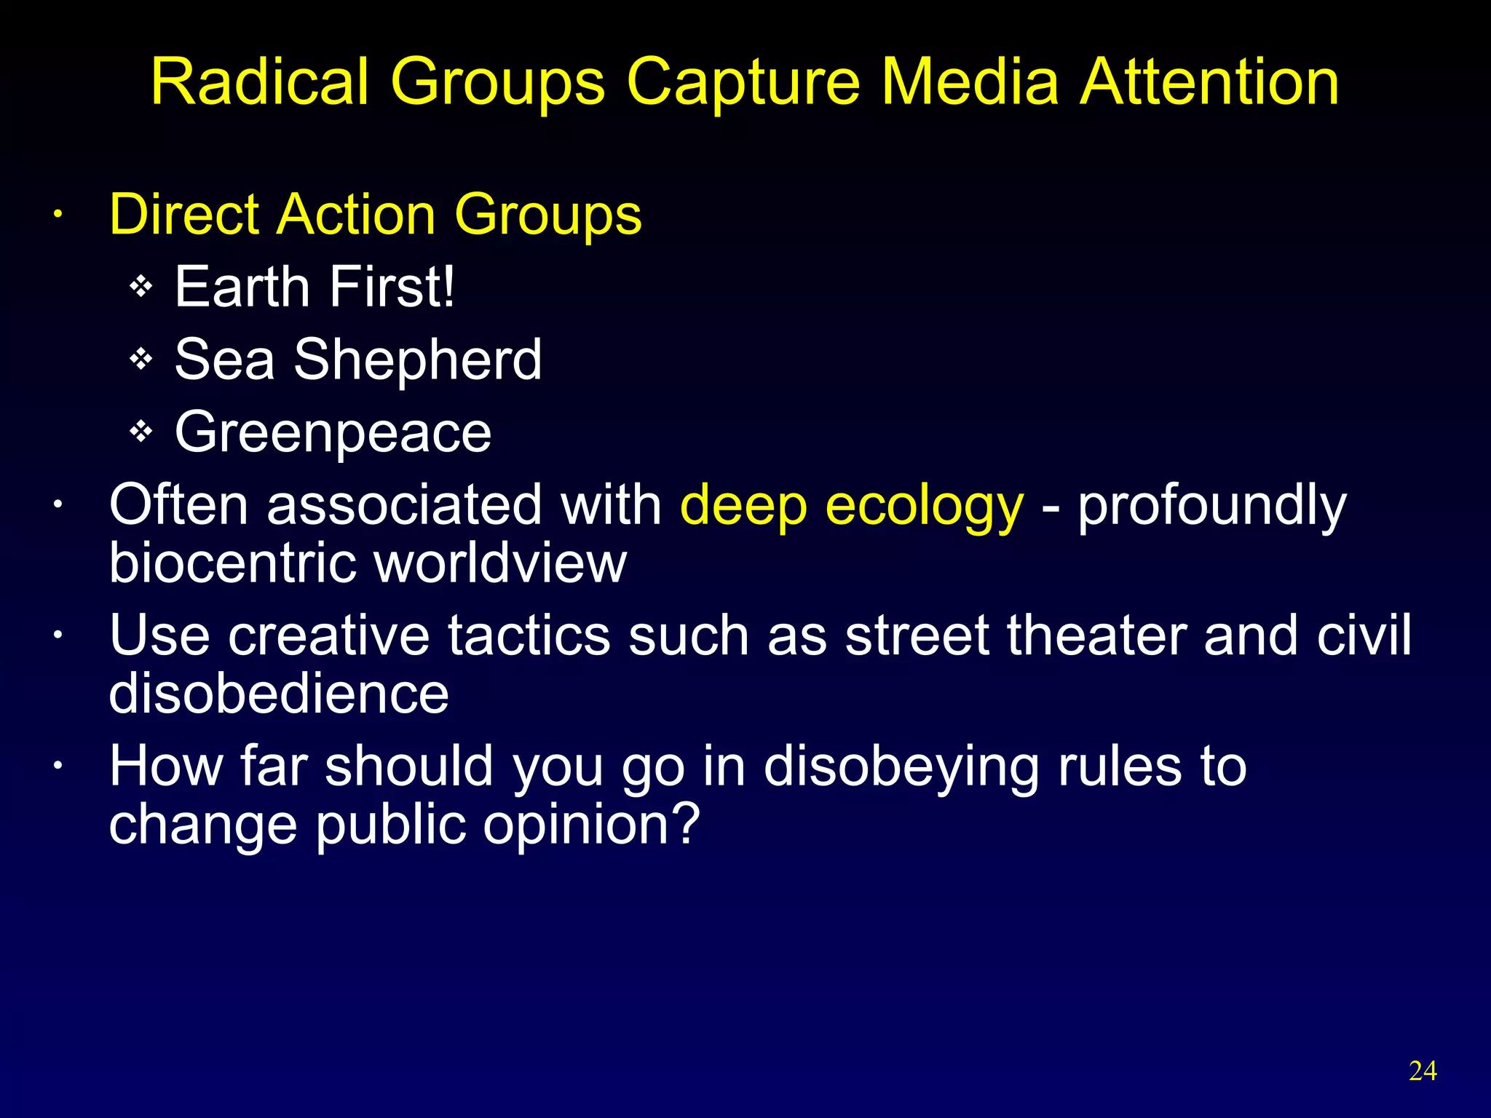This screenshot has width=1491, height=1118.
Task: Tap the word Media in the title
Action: (969, 82)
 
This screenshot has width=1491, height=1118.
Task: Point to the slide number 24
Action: (1423, 1071)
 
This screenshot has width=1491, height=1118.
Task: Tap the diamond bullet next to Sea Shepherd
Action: (141, 359)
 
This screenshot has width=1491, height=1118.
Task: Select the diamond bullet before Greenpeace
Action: (141, 432)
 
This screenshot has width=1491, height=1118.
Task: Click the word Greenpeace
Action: (333, 433)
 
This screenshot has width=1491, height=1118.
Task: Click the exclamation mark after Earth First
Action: (448, 287)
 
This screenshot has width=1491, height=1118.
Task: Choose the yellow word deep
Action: (743, 506)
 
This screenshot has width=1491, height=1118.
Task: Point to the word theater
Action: (1096, 635)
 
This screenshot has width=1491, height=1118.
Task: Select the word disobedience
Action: (279, 693)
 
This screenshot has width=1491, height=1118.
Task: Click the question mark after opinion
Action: (685, 824)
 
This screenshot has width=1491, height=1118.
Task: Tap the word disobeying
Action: (901, 767)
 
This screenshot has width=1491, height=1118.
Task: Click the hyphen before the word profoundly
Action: (1049, 507)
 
